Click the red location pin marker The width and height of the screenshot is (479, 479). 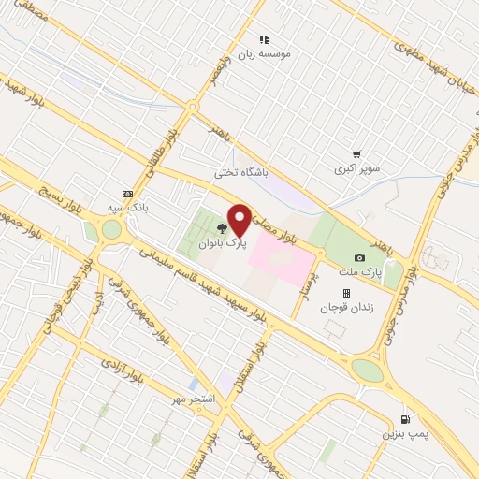239,220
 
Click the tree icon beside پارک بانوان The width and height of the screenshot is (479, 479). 222,227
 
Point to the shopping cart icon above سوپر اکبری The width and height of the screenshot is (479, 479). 356,155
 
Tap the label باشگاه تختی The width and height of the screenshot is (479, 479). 240,172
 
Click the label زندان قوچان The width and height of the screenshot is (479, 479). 347,307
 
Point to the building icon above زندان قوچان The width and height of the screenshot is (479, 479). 345,293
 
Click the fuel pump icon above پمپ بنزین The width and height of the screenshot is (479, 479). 404,418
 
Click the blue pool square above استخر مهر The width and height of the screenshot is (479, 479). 193,384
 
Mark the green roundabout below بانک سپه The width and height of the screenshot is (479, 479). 111,229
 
